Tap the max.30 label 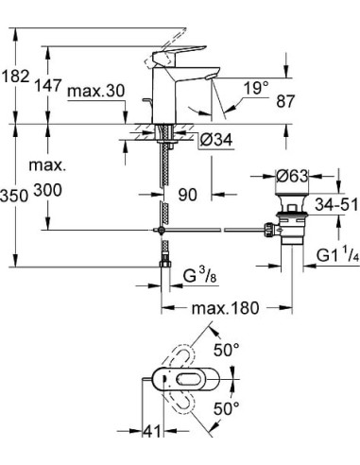pos(96,91)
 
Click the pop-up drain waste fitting pos(285,227)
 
